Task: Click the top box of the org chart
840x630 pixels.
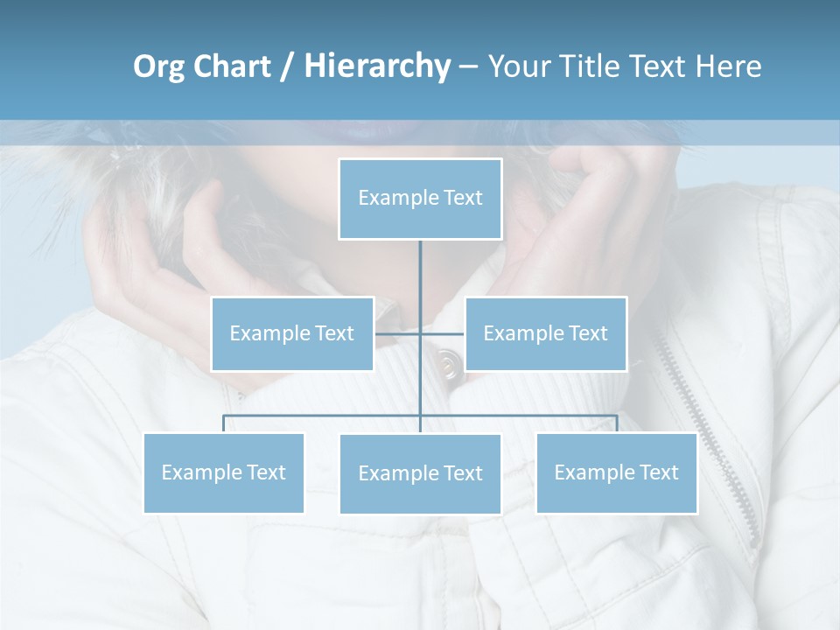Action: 420,199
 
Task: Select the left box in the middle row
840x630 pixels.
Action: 292,333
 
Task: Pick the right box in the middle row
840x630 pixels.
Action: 545,333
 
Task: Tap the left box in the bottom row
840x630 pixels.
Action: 224,472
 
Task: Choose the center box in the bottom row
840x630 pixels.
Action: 420,473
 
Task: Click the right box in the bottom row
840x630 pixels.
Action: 616,472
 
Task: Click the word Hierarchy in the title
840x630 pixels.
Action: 376,66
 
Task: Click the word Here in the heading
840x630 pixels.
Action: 728,66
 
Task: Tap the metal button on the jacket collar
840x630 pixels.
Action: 449,363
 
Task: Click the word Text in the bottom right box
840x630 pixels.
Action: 659,472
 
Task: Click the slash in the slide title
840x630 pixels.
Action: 286,66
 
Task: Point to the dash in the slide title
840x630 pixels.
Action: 468,66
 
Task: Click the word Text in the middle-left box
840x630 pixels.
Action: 334,333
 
